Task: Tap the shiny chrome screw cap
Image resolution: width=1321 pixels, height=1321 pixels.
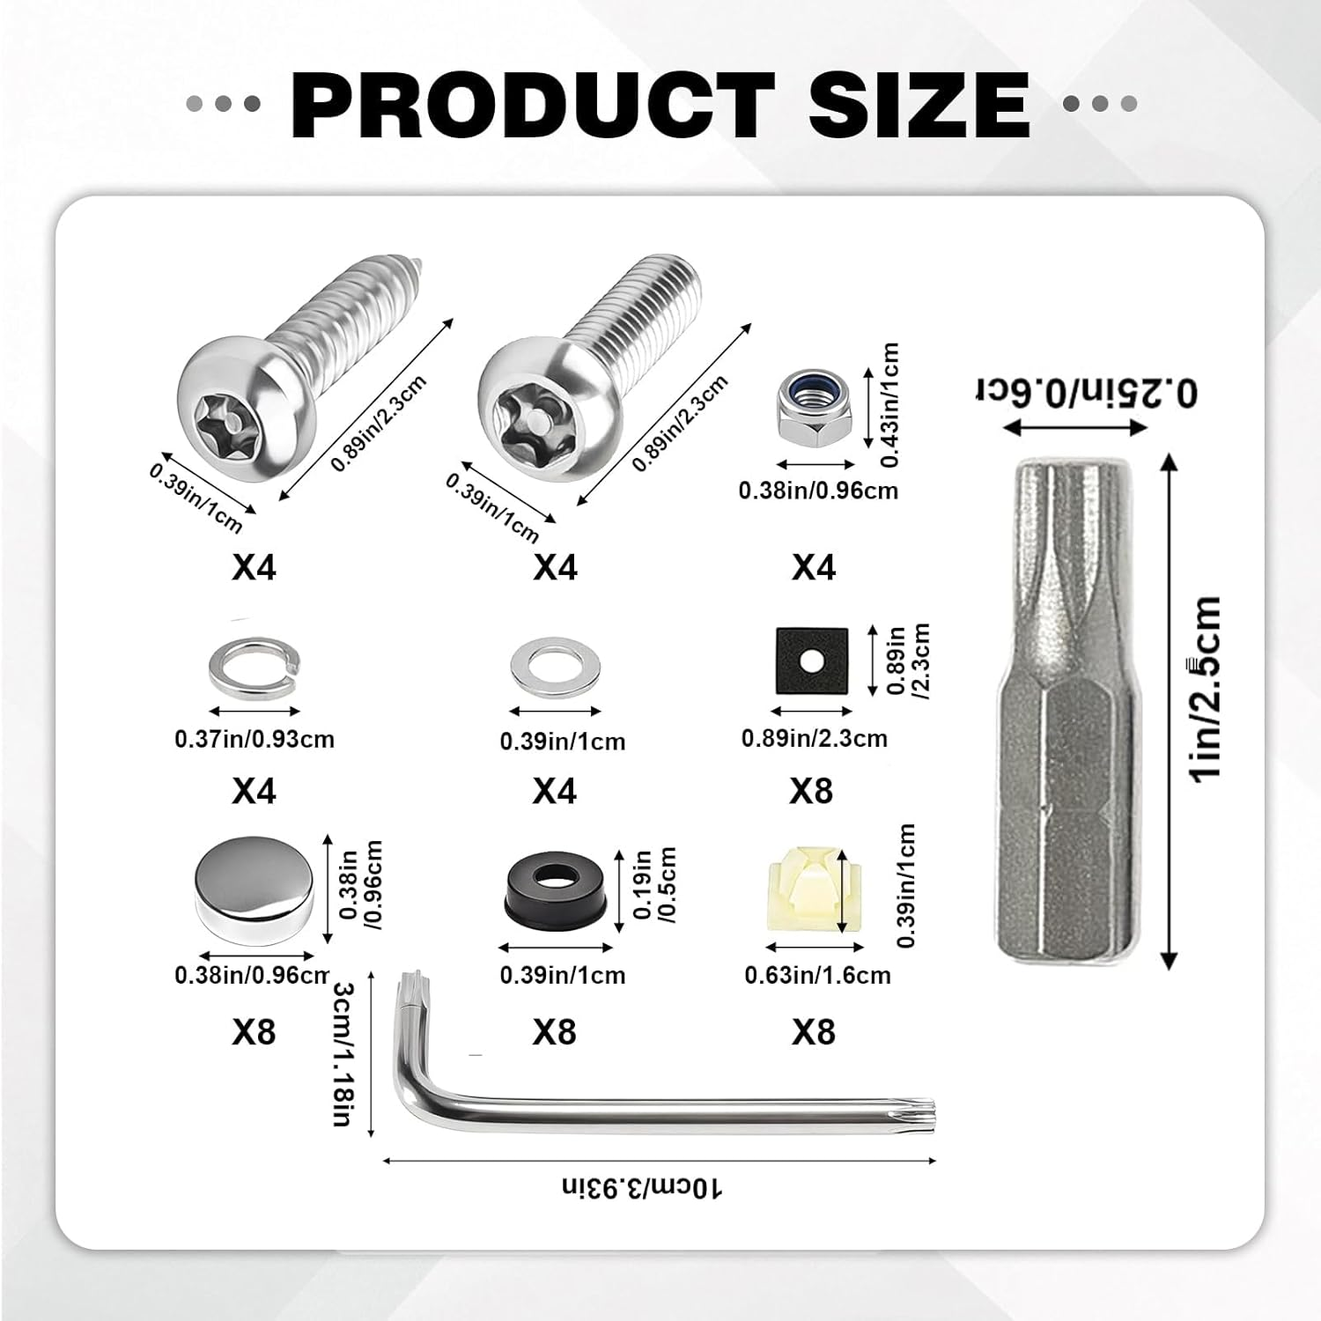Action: click(253, 891)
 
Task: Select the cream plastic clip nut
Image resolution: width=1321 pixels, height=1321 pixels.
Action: click(813, 895)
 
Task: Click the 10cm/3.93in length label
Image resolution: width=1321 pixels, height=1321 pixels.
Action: click(643, 1189)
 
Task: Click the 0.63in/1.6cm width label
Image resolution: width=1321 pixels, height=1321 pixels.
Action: click(817, 975)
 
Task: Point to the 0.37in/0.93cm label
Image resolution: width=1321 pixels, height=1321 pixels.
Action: click(255, 738)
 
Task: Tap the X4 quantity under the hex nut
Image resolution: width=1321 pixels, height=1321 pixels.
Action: click(813, 567)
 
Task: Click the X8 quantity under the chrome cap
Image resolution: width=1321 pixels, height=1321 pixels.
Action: click(255, 1031)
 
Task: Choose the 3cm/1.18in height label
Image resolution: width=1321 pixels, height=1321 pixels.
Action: click(344, 1054)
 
